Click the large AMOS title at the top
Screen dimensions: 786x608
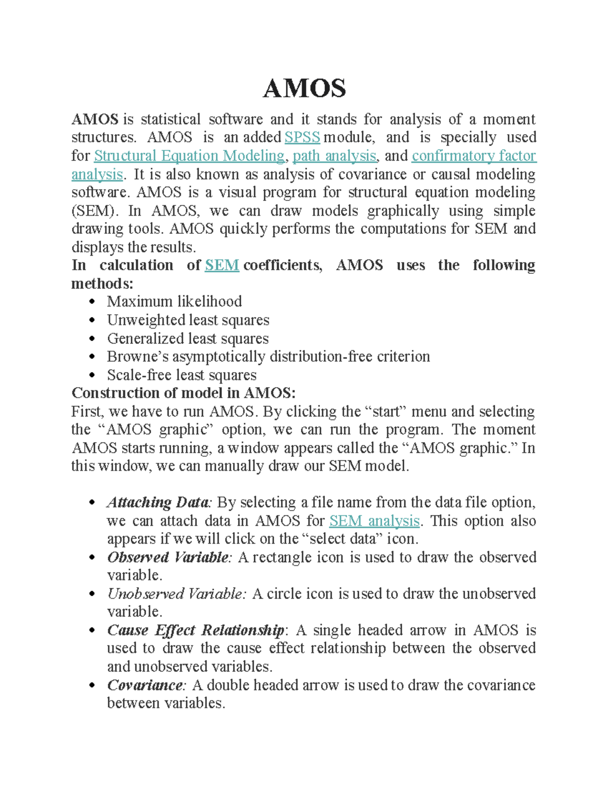point(304,89)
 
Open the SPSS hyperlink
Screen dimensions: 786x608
point(302,138)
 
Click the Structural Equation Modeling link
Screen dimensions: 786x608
point(189,156)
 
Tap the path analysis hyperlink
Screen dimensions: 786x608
point(334,156)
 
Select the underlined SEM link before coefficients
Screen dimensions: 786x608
point(222,265)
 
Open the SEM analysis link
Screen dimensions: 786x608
point(374,521)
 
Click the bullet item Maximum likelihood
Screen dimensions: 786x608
point(174,302)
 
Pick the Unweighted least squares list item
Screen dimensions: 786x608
point(188,320)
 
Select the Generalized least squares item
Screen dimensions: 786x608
point(187,339)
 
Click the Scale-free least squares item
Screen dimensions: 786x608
point(181,375)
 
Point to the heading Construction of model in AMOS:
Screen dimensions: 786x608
point(183,393)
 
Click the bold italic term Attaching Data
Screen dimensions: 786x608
point(158,503)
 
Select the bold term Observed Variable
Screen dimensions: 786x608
point(168,557)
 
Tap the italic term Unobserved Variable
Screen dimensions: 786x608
point(176,594)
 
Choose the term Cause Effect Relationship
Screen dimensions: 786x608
point(196,630)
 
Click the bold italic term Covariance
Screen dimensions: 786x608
point(145,685)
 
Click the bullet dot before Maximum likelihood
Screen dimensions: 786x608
point(92,302)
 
